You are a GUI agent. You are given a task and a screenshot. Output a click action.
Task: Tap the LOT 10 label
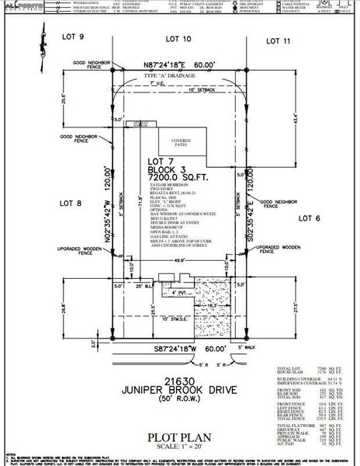(178, 38)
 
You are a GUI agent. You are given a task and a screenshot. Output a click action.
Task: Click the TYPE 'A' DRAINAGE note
(172, 76)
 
